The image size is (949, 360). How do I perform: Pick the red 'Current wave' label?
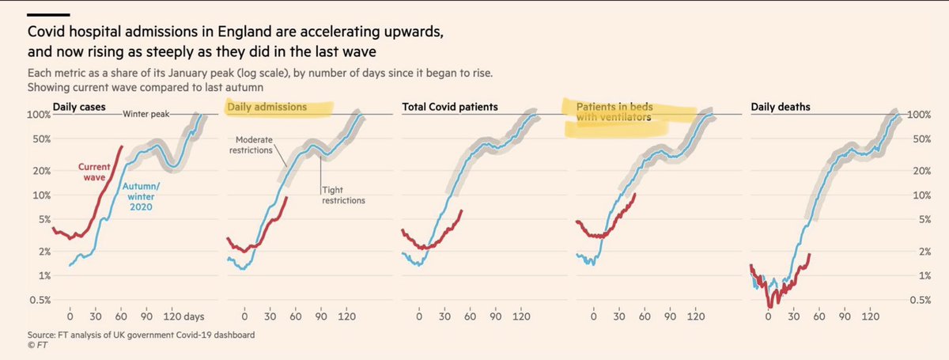[x=93, y=171]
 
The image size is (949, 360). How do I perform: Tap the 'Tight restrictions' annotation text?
[x=342, y=195]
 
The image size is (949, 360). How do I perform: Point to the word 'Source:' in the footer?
[x=42, y=335]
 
